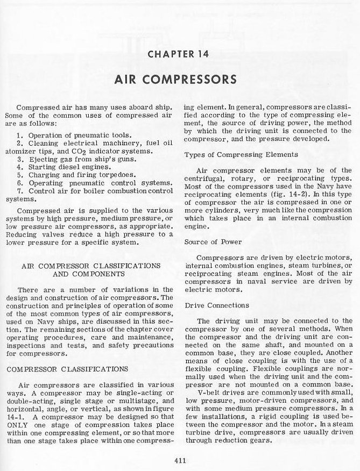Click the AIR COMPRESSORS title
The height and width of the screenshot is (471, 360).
click(x=180, y=79)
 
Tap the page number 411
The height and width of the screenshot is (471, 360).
click(x=180, y=459)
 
